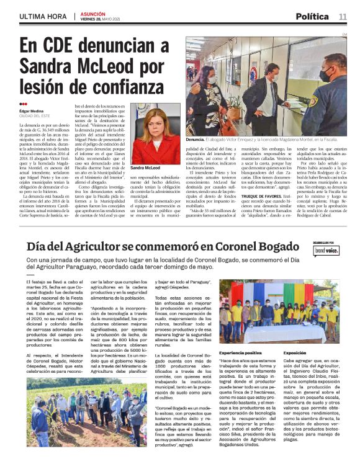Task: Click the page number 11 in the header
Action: pos(343,16)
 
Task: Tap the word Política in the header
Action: pos(313,16)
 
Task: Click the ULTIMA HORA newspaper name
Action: pos(42,16)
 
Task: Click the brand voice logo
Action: pos(325,251)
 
